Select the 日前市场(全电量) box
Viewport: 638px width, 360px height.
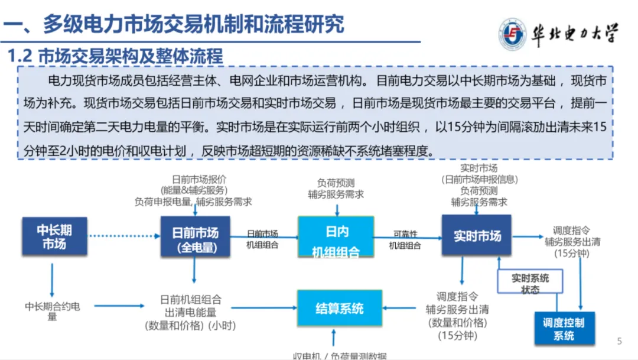click(x=195, y=236)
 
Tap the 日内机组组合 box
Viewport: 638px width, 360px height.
click(x=336, y=236)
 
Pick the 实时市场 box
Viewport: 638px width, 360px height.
click(x=477, y=236)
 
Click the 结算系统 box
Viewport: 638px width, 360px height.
click(x=338, y=307)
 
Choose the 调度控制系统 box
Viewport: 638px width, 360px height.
click(x=564, y=329)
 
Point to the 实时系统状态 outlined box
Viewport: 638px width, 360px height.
click(x=530, y=283)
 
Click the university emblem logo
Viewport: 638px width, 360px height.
click(x=512, y=34)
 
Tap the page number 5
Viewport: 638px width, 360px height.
click(x=620, y=341)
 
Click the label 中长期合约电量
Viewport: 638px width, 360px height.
click(x=53, y=312)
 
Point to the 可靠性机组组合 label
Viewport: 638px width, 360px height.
click(x=405, y=240)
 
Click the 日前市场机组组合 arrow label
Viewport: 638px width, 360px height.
click(x=262, y=239)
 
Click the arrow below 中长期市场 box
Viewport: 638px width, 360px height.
click(x=52, y=280)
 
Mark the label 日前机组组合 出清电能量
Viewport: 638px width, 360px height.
click(x=191, y=306)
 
